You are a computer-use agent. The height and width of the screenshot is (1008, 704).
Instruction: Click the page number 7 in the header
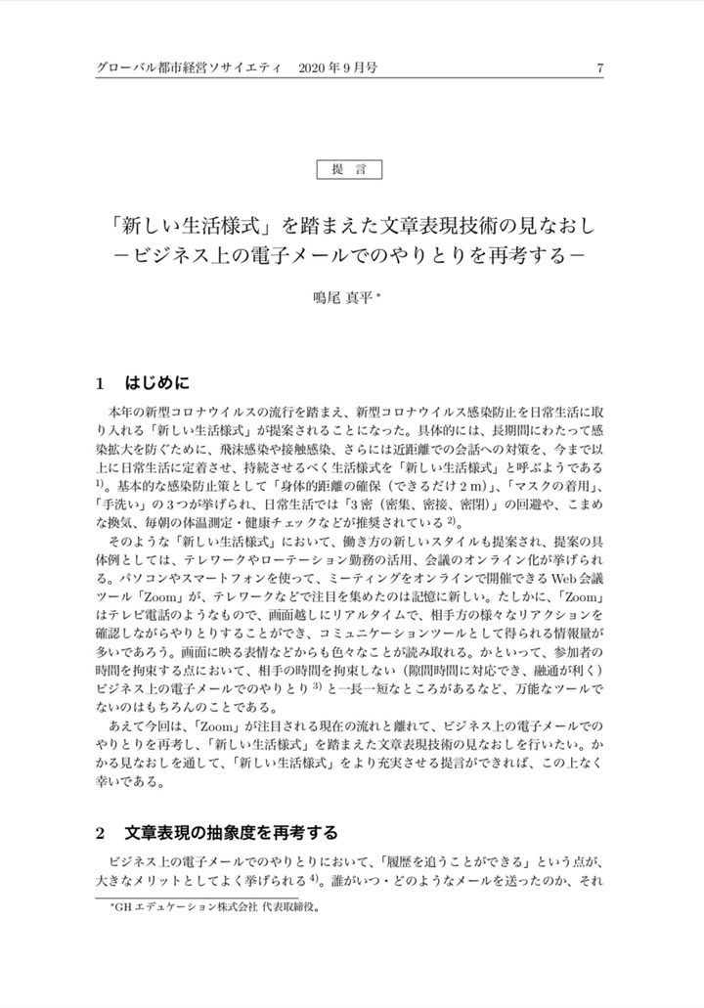(x=599, y=68)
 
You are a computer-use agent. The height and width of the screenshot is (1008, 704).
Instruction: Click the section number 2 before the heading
(x=101, y=834)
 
